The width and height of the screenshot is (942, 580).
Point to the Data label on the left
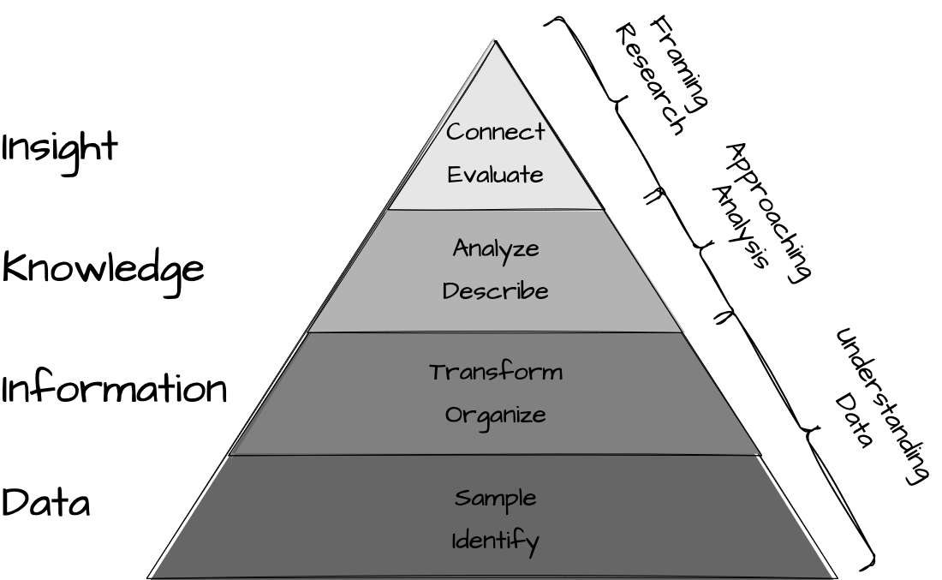pyautogui.click(x=45, y=503)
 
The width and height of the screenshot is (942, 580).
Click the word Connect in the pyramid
pyautogui.click(x=495, y=132)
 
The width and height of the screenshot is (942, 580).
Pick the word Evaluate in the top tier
pyautogui.click(x=495, y=175)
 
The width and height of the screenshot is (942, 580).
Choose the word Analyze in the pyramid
pyautogui.click(x=496, y=249)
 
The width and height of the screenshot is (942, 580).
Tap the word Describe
pyautogui.click(x=495, y=291)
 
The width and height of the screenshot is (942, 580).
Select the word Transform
pyautogui.click(x=496, y=373)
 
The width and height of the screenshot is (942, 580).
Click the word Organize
pyautogui.click(x=495, y=416)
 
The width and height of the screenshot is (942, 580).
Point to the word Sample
pyautogui.click(x=495, y=498)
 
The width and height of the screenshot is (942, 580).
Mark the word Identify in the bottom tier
pyautogui.click(x=495, y=541)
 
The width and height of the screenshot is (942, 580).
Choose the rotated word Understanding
pyautogui.click(x=883, y=407)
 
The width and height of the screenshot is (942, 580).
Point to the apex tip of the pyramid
pyautogui.click(x=494, y=40)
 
